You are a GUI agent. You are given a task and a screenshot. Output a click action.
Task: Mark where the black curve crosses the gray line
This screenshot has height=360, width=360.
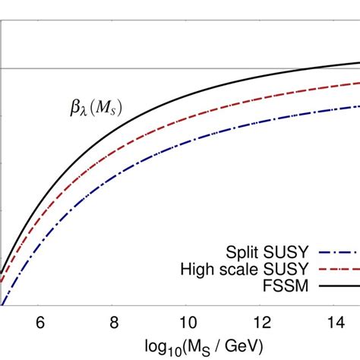[307, 68]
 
